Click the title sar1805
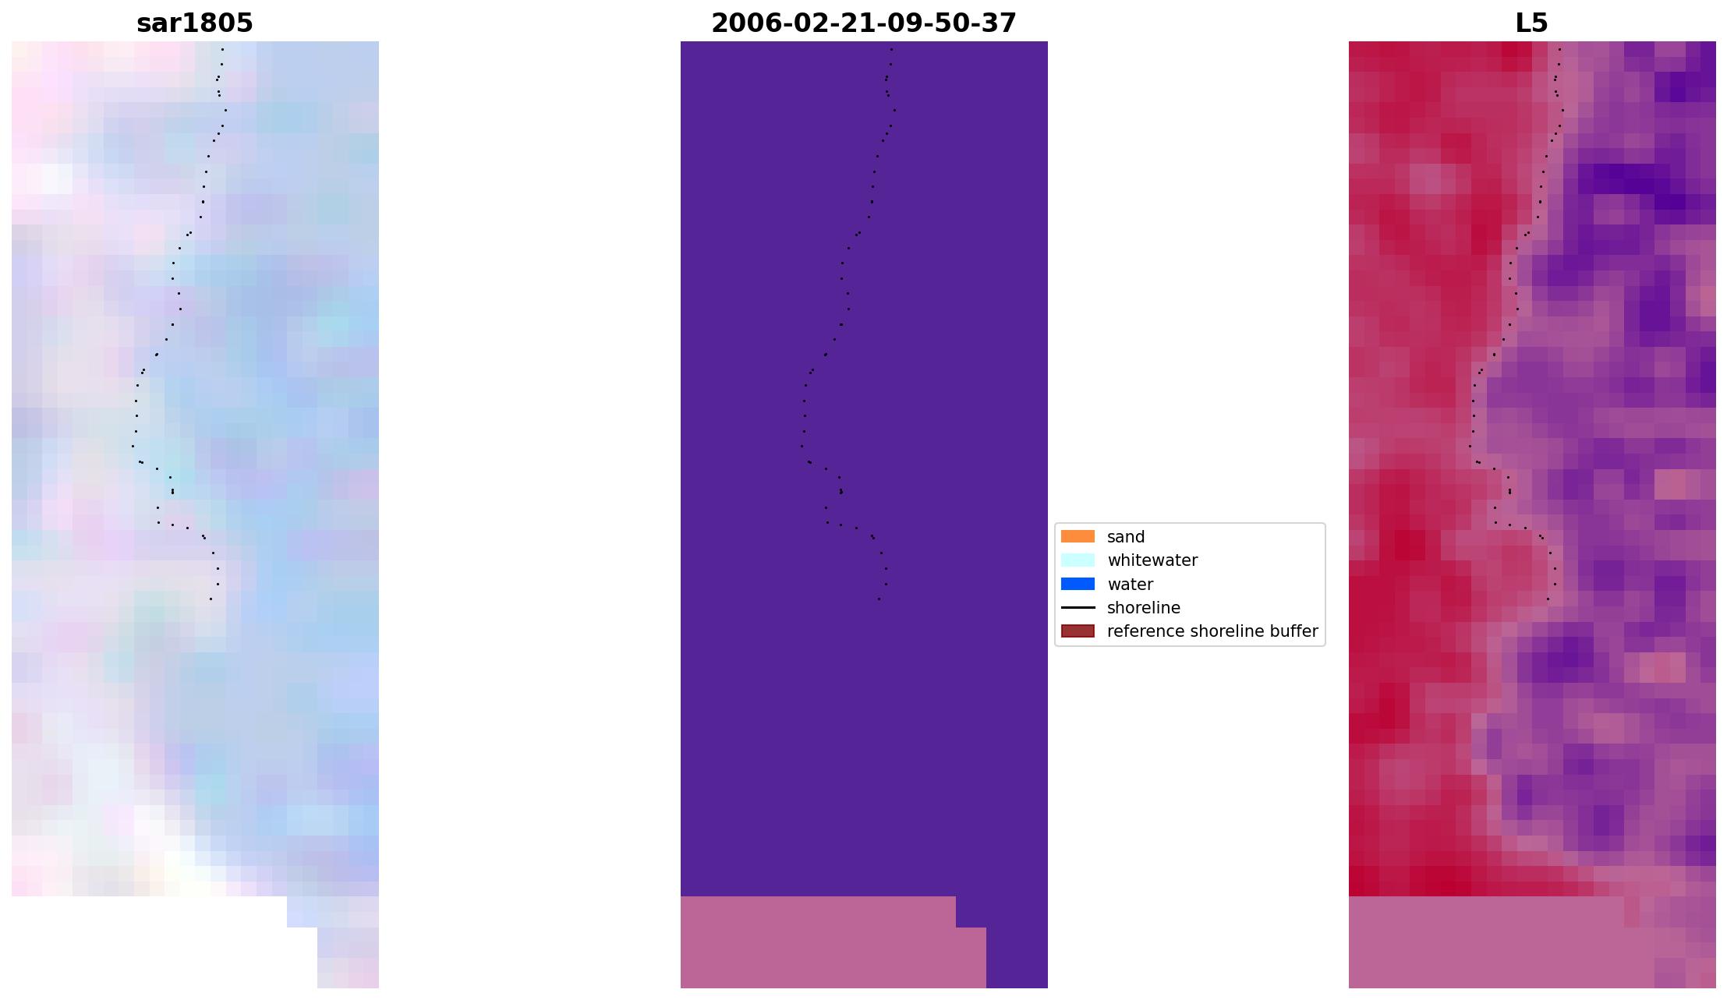195,23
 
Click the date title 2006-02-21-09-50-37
864,23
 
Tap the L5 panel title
1531,23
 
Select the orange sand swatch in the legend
1078,536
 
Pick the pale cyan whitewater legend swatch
1078,560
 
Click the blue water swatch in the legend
1078,584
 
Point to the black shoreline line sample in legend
1078,608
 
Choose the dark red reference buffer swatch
1078,631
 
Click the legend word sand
1126,537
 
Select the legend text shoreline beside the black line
1144,608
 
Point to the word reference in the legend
1145,631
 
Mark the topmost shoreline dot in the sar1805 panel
222,49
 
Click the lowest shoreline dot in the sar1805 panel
211,599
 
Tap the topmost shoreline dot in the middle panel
891,49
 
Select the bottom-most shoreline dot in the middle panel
879,599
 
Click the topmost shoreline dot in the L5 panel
1559,49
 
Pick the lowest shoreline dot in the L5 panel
1548,599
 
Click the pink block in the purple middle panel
819,943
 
